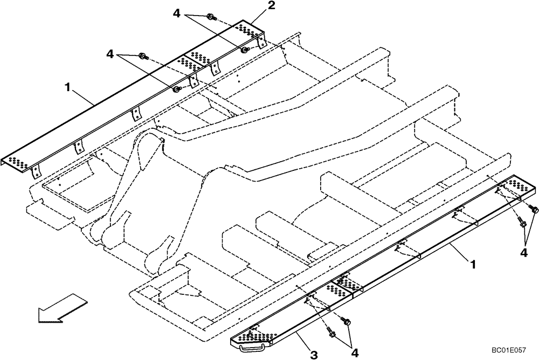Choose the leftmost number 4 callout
pos(110,54)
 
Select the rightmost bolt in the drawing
pos(535,209)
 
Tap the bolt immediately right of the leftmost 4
pos(143,55)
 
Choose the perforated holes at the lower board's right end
pos(519,184)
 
